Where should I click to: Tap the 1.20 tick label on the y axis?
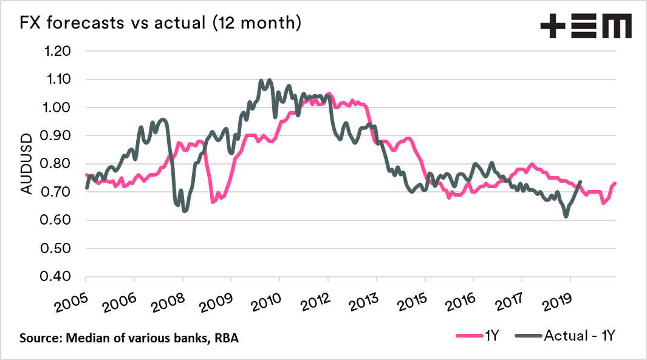55,51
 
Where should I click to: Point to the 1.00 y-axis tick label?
55,107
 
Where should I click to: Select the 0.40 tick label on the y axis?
55,277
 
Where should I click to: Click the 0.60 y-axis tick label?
55,220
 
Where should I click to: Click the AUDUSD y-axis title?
27,163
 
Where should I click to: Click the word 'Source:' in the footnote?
41,338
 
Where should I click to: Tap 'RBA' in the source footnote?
225,338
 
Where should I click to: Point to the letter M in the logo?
615,26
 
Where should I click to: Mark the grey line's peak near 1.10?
269,80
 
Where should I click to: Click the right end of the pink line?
615,183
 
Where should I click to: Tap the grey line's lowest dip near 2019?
566,216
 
